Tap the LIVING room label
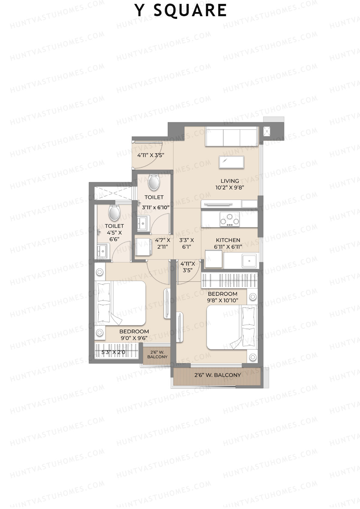pos(230,181)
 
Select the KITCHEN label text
pos(228,240)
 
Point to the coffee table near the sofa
pos(231,162)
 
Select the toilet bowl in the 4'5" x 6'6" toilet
pos(114,212)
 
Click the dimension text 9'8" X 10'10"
pos(223,300)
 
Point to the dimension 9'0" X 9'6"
pos(134,338)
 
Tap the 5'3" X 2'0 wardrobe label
pos(113,352)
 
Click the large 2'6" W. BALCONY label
pos(217,375)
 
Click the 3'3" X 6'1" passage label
pos(187,243)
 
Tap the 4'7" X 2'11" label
pos(163,243)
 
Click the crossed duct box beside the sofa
pos(266,131)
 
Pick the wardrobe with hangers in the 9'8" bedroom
pos(229,280)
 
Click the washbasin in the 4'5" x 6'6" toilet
pos(102,250)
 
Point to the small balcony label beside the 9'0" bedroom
pos(157,355)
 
